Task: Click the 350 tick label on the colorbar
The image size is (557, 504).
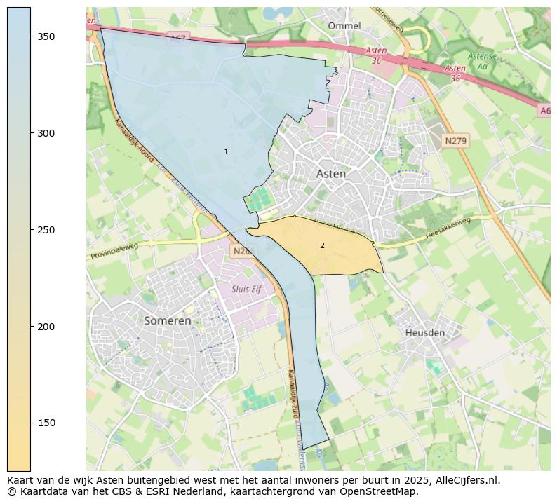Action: point(46,36)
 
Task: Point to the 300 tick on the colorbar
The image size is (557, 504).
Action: point(46,133)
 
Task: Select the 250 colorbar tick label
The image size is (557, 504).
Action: point(46,230)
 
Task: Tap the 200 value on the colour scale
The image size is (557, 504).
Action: point(46,327)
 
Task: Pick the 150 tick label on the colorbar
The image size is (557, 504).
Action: point(46,423)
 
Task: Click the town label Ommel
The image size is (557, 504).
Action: point(344,26)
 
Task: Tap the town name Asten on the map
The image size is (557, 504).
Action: point(330,174)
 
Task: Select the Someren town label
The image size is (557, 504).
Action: point(167,320)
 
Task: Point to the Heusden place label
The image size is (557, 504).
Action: point(424,333)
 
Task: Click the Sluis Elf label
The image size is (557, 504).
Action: point(246,289)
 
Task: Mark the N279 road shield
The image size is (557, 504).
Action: point(455,141)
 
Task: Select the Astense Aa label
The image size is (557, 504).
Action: point(482,60)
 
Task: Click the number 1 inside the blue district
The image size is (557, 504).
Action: point(226,152)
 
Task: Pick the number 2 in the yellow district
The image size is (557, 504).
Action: point(322,245)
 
